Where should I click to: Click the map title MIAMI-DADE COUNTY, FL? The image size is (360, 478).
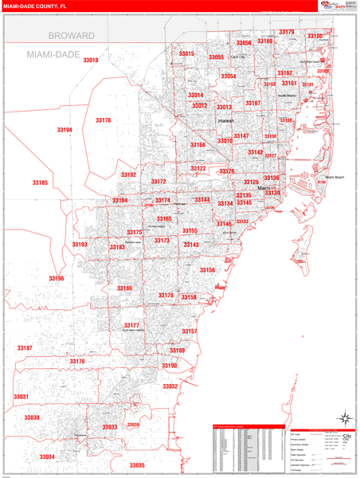(x=36, y=6)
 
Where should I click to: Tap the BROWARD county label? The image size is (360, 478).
(x=71, y=36)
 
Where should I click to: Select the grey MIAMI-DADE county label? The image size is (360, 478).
(x=58, y=53)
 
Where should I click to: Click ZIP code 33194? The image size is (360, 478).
(x=65, y=130)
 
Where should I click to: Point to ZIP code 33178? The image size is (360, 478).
(x=104, y=120)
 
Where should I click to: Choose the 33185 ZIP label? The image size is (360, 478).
(x=40, y=183)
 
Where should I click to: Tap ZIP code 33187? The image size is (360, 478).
(x=25, y=348)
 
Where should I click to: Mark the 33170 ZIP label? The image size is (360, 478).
(x=76, y=361)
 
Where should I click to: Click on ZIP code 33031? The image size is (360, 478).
(x=21, y=396)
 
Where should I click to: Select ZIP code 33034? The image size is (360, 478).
(x=47, y=456)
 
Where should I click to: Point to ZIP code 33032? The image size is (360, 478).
(x=170, y=386)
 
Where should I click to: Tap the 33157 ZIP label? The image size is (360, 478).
(x=190, y=331)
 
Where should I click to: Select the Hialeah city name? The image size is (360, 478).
(x=227, y=122)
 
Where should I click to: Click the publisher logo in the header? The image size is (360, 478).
(x=337, y=6)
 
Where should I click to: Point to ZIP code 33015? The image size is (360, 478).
(x=186, y=53)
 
